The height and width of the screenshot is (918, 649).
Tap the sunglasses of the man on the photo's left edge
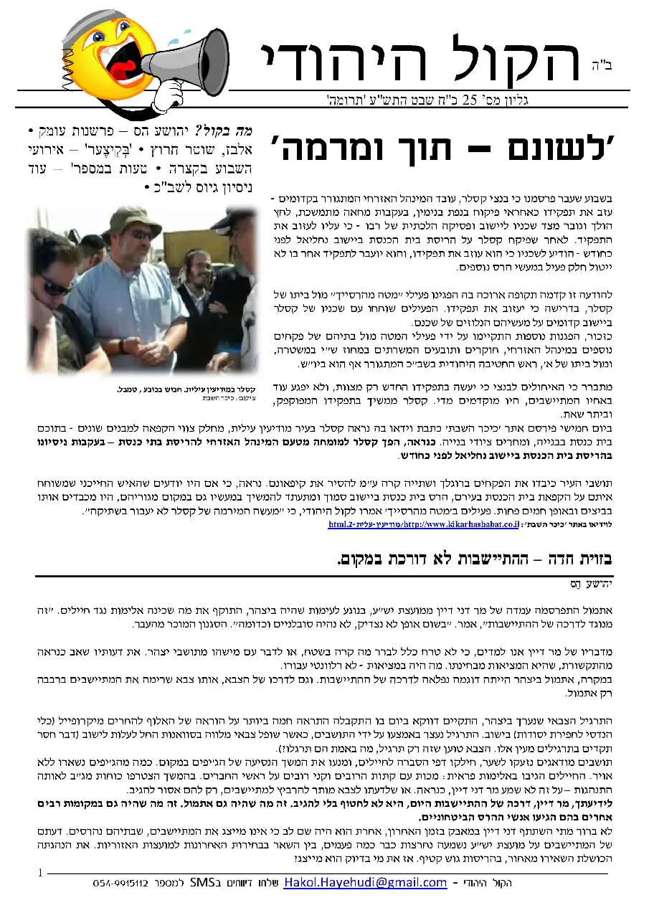tap(55, 287)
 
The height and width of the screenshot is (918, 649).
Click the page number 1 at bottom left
tap(40, 873)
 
